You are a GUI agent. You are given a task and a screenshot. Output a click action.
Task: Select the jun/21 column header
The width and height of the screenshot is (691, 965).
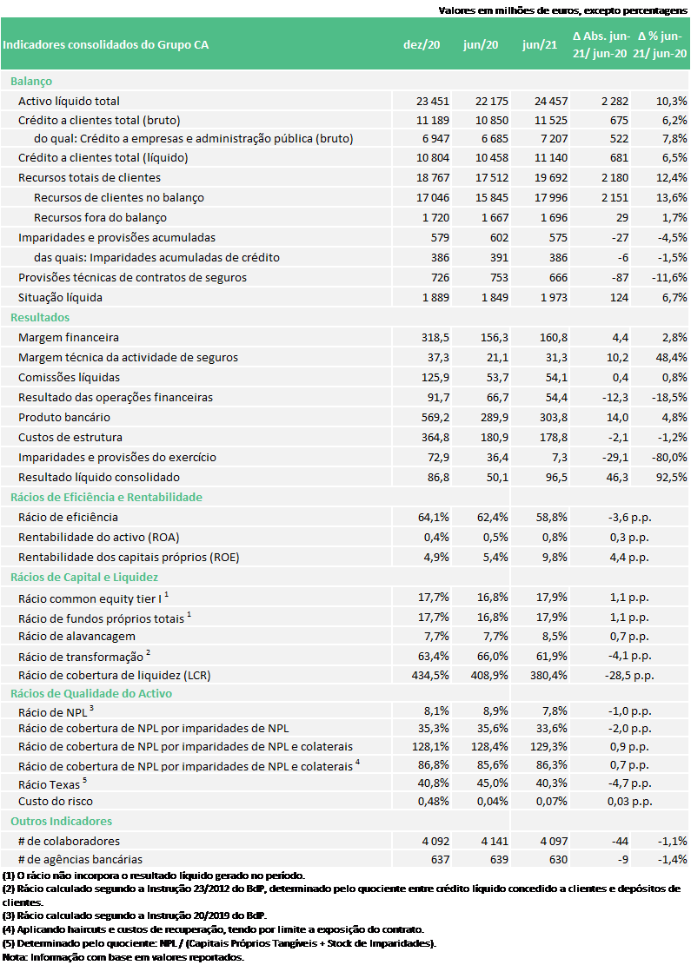click(540, 45)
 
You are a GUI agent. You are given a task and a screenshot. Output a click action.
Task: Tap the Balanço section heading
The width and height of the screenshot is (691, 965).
click(31, 81)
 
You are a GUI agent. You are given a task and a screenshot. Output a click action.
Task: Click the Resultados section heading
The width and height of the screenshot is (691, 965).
click(40, 317)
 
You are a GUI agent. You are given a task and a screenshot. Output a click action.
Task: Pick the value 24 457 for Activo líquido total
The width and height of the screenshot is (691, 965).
click(550, 101)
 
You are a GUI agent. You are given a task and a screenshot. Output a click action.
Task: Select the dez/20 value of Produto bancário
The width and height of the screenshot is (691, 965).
click(432, 417)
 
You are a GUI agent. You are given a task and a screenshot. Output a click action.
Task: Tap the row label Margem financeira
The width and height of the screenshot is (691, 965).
click(69, 337)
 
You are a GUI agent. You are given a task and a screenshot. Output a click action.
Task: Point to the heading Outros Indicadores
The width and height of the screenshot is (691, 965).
click(61, 821)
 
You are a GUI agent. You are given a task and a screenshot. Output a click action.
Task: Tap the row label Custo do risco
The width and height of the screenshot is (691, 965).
click(56, 801)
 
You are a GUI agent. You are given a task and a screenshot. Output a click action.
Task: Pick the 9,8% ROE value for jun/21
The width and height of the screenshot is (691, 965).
click(553, 557)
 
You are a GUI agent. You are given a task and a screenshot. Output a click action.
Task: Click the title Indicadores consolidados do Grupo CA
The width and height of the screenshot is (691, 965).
click(106, 45)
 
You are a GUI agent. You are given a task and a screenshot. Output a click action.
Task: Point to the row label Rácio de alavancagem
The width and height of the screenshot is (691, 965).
click(76, 636)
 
